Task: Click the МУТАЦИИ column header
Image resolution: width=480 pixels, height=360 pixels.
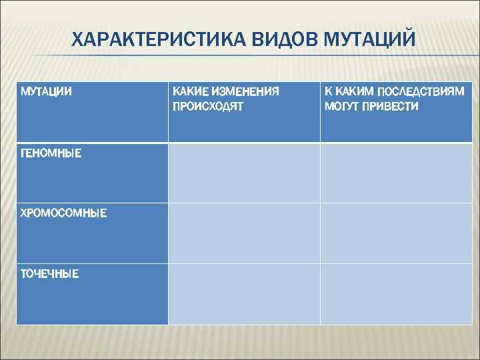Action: (x=47, y=90)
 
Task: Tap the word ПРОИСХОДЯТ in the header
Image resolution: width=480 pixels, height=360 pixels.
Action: (x=208, y=106)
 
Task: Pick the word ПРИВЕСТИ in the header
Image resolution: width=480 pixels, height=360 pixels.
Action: (x=393, y=106)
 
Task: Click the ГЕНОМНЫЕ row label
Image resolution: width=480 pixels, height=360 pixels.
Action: (x=51, y=153)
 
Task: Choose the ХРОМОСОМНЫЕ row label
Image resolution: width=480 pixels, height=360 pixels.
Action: (x=63, y=213)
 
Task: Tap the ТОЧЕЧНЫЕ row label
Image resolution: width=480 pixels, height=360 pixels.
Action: (x=49, y=273)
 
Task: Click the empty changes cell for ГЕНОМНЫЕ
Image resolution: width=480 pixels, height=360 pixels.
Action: (x=244, y=173)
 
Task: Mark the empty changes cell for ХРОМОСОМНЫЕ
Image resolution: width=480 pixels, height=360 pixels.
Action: (x=244, y=233)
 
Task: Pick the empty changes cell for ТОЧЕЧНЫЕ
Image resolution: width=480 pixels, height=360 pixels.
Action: (x=244, y=294)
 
